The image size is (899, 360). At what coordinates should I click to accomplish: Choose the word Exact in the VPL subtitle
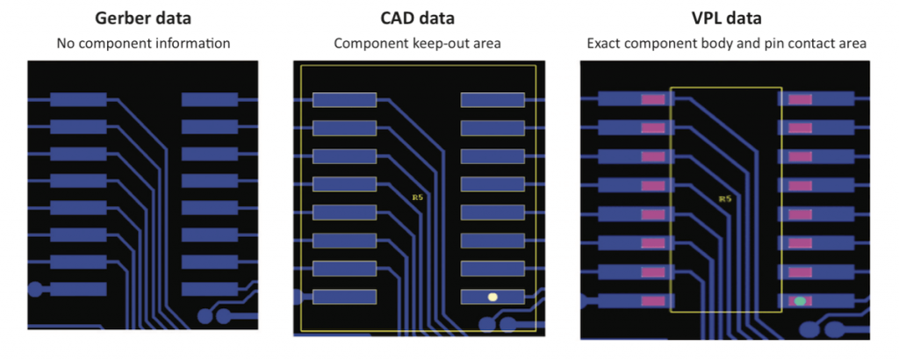coord(603,42)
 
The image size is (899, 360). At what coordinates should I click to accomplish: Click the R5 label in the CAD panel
coord(417,197)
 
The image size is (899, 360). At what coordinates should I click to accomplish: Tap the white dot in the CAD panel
coord(493,297)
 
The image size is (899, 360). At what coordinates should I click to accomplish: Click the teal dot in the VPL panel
coord(800,301)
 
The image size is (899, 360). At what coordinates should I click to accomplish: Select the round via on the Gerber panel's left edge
coord(36,289)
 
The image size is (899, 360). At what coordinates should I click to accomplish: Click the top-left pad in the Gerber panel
coord(78,100)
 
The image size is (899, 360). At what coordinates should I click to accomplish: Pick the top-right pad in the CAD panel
coord(493,100)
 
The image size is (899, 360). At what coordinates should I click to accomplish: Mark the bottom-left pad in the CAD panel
coord(344,297)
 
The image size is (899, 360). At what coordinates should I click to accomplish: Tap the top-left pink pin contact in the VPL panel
coord(652,99)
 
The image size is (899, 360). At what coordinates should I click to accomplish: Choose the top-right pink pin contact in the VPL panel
coord(800,99)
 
